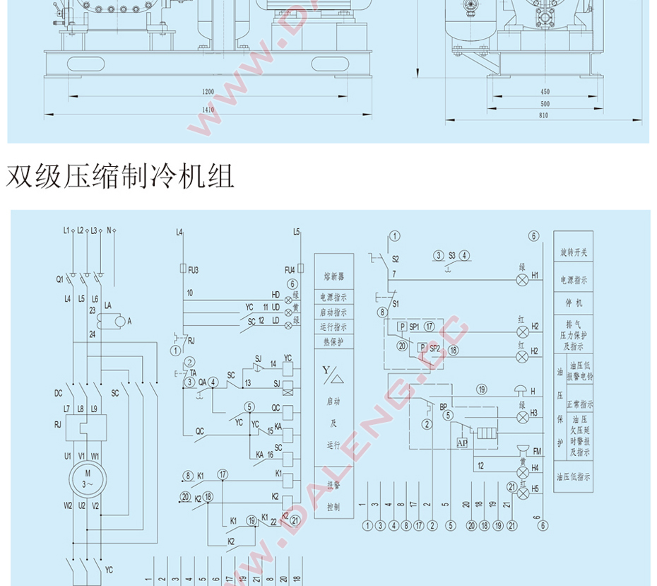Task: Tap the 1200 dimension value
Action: click(x=207, y=92)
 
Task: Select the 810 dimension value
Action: click(x=543, y=115)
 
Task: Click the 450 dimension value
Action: click(x=545, y=92)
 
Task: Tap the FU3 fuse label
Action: click(x=194, y=269)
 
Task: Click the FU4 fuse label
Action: click(x=290, y=269)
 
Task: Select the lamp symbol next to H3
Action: click(x=523, y=417)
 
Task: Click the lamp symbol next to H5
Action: click(x=523, y=494)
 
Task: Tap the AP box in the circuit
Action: click(x=462, y=443)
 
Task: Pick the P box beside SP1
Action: click(x=401, y=327)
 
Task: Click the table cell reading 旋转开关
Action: click(x=573, y=252)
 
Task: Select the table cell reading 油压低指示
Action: click(x=573, y=477)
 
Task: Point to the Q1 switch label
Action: click(x=60, y=278)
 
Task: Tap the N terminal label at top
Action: click(x=109, y=230)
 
